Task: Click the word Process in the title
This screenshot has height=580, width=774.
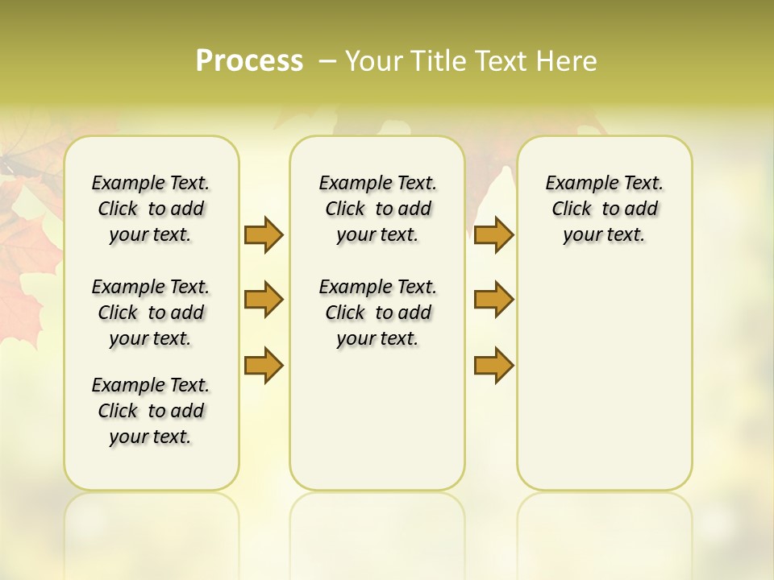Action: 249,60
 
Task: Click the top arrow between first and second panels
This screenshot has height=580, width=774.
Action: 264,235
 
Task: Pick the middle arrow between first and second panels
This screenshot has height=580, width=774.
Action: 264,300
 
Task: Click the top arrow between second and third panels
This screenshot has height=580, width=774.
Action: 493,235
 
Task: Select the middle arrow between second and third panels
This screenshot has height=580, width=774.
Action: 493,300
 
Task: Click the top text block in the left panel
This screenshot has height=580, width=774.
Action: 151,209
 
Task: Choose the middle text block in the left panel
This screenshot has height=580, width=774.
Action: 151,313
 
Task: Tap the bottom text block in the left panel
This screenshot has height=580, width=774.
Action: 151,411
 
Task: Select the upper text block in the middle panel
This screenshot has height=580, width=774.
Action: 377,209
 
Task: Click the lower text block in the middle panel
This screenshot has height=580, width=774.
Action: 377,313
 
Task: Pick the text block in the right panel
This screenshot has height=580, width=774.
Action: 604,209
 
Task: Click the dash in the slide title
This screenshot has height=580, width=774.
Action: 327,61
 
